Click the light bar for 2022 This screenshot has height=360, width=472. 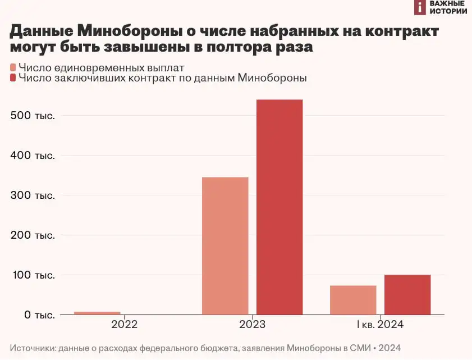click(97, 313)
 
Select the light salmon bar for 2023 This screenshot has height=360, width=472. click(225, 246)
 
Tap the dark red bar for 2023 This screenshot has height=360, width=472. click(279, 207)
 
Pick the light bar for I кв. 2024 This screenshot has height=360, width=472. click(353, 300)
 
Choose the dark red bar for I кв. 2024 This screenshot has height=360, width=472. click(407, 295)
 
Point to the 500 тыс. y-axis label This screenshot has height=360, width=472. click(33, 116)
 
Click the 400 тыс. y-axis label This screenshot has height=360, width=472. click(33, 156)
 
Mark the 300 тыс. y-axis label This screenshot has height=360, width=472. click(33, 195)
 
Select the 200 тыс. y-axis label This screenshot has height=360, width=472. click(33, 235)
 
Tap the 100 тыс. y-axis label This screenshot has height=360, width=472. click(33, 275)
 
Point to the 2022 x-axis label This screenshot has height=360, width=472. click(124, 325)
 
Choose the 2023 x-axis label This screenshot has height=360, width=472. click(252, 325)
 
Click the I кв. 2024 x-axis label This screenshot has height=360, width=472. click(380, 325)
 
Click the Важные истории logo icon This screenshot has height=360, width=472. click(420, 7)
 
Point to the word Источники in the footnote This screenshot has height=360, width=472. click(33, 348)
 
